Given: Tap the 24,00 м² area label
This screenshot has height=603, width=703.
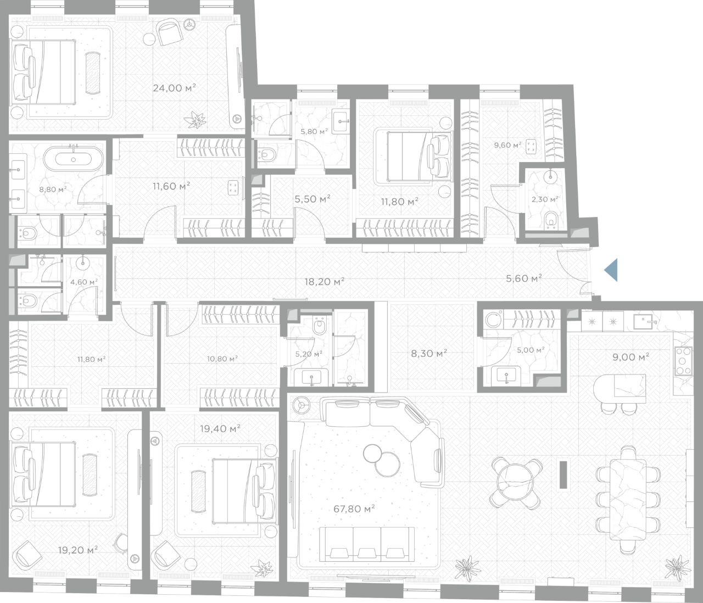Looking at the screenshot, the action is (175, 88).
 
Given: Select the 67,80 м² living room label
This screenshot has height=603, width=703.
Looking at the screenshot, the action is (354, 509).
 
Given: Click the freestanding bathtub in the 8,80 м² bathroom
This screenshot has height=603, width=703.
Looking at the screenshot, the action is (73, 159).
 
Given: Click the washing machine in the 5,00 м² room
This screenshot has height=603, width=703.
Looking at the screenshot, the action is (492, 320).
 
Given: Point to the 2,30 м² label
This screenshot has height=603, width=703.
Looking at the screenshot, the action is (545, 199).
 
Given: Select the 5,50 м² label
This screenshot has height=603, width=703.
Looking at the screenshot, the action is (313, 199).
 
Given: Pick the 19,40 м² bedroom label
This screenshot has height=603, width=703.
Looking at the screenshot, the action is (220, 428).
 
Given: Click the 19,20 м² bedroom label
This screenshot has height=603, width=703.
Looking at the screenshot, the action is (78, 550).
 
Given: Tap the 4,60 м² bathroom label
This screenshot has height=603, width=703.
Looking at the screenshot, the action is (83, 282).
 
